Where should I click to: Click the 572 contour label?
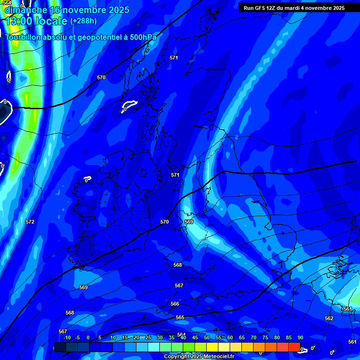30,222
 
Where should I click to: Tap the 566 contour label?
175,304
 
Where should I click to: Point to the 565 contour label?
180,317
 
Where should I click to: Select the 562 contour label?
329,318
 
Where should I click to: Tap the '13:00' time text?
20,21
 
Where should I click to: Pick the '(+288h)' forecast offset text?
83,21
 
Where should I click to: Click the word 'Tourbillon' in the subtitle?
23,37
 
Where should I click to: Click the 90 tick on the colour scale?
300,338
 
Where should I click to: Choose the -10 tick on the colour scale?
67,338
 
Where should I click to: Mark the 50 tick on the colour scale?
207,338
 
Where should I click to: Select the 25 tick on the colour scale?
148,338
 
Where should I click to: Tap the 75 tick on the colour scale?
265,338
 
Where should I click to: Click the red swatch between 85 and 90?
294,347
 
